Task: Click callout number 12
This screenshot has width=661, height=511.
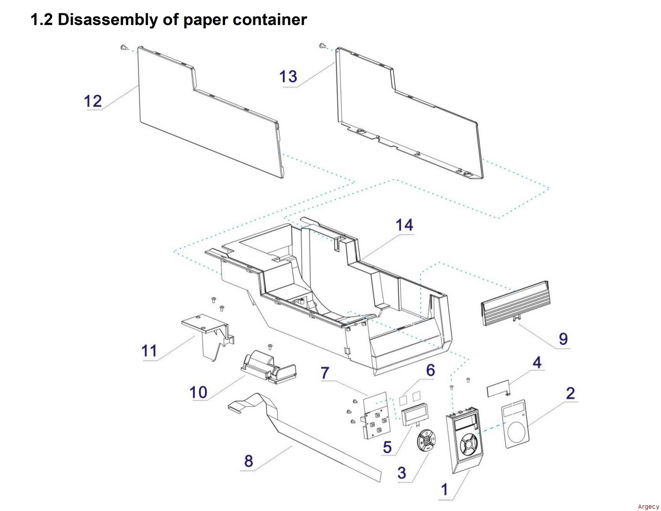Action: (x=93, y=101)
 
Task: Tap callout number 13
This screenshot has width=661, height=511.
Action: (x=288, y=76)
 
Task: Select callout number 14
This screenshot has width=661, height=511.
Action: (x=404, y=225)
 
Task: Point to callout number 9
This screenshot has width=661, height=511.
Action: (x=563, y=339)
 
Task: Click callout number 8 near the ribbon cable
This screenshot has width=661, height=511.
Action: (x=249, y=461)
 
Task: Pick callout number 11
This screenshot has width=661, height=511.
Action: (x=149, y=351)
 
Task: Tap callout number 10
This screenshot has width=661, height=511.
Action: (x=199, y=392)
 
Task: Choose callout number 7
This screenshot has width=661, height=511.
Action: (x=325, y=373)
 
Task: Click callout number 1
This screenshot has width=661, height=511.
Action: (x=444, y=489)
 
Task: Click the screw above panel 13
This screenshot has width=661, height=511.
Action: (x=322, y=45)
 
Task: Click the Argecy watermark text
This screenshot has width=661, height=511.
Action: (x=648, y=507)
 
